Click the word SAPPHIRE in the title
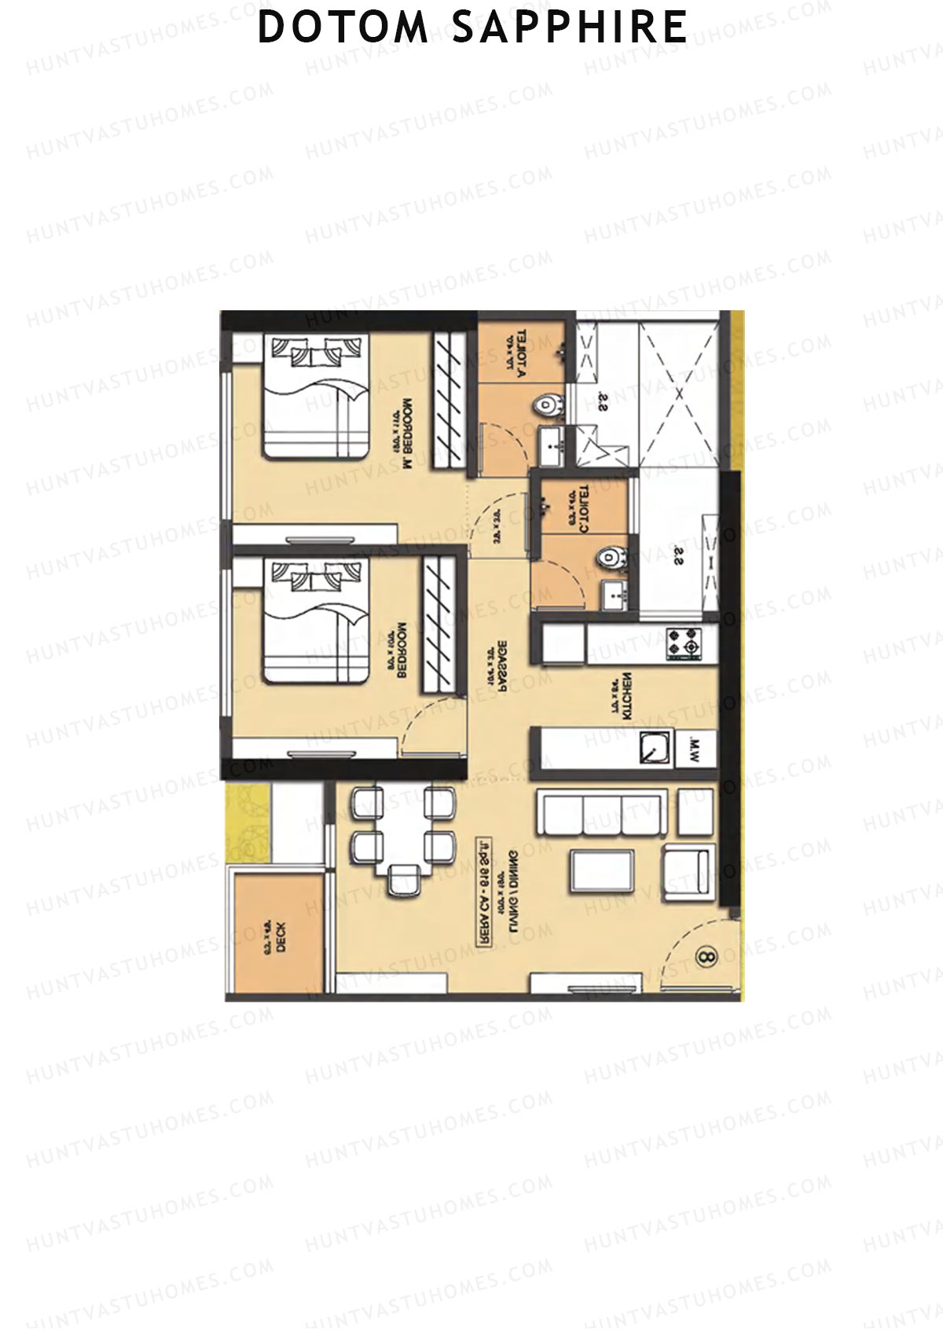pos(571,27)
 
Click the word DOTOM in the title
pos(343,27)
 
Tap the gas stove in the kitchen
pos(683,644)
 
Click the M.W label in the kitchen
pos(697,749)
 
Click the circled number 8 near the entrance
pos(705,957)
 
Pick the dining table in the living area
pos(405,833)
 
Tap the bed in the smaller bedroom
pos(315,621)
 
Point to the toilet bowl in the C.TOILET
pos(608,558)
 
